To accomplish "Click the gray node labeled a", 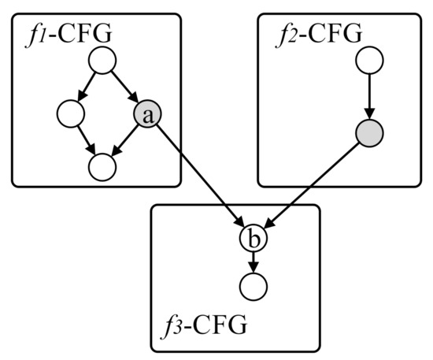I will pos(149,115).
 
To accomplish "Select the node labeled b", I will pos(251,237).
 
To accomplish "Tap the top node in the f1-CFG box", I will pos(103,61).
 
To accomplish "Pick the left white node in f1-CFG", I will pos(70,115).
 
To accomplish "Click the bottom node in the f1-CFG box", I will pos(103,165).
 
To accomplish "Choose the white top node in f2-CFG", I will pos(369,61).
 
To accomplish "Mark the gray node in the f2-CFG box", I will pos(369,133).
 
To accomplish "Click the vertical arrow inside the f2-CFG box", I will pos(369,96).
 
